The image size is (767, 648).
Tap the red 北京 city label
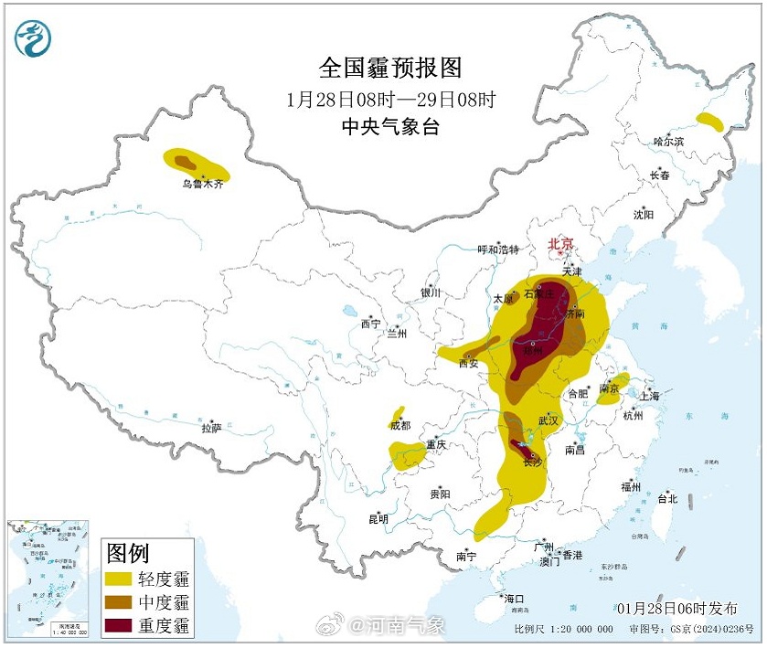coord(559,244)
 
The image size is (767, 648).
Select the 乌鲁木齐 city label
coord(201,184)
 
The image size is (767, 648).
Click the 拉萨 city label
coord(211,427)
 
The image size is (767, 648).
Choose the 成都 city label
coord(400,425)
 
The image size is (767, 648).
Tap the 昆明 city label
coord(378,518)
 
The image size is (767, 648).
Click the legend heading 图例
coord(128,552)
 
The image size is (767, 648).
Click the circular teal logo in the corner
coord(33,37)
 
